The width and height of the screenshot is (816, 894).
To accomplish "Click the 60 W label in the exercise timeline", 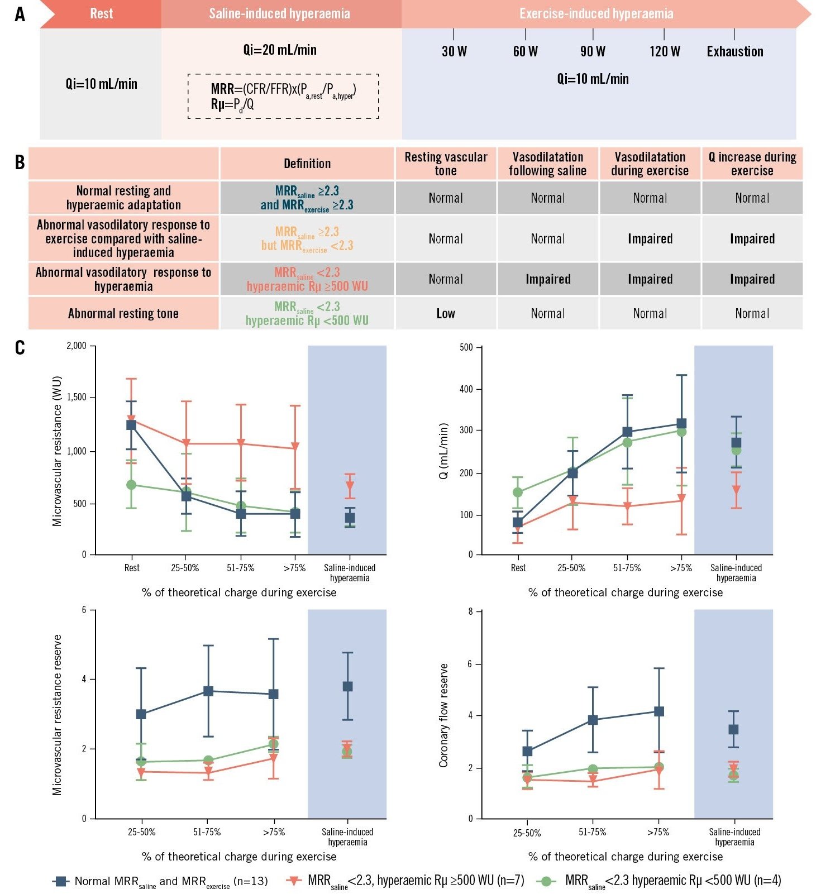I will [x=525, y=51].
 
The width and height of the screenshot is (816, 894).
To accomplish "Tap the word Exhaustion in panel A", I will [x=734, y=51].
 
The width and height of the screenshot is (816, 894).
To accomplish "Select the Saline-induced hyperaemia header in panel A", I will [x=279, y=13].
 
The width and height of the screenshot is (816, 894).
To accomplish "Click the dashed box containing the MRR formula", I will [x=283, y=96].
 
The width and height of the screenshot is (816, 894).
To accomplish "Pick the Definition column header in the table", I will [x=307, y=164].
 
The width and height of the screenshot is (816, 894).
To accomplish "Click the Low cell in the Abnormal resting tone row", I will [x=446, y=313].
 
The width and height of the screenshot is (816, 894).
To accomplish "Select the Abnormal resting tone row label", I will [x=123, y=313].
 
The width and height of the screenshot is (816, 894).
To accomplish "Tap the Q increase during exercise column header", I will [x=752, y=164].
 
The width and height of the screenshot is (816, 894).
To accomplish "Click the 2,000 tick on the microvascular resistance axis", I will [x=77, y=346].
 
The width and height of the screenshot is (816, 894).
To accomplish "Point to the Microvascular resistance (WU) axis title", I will [x=57, y=451].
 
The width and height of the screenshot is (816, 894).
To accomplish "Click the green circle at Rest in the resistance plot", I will [x=131, y=485].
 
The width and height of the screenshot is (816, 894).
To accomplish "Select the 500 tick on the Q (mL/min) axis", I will [x=466, y=347].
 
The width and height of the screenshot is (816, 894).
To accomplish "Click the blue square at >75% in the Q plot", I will [x=681, y=423].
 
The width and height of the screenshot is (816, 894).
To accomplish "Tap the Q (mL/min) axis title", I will [x=444, y=451].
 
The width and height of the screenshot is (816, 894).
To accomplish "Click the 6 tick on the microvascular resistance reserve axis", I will [x=84, y=610].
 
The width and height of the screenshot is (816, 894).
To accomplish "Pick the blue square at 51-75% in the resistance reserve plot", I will [x=208, y=691].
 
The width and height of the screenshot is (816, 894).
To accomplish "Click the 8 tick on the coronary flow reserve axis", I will [x=471, y=611].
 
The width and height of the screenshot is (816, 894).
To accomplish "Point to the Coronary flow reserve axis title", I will [x=444, y=715].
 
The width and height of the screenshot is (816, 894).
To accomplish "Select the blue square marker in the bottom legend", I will [x=60, y=881].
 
